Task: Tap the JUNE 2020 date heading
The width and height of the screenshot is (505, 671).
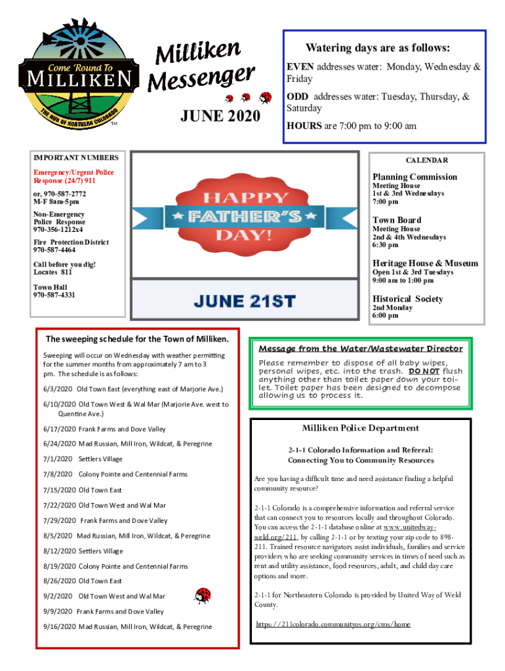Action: point(220,117)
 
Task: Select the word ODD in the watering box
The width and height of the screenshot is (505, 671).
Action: point(297,97)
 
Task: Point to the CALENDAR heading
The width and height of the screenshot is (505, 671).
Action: point(427,161)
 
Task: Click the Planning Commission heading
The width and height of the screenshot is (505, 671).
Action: point(414,177)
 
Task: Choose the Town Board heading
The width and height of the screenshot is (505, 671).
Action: point(397,220)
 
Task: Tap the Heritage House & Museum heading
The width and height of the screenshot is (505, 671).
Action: point(425,263)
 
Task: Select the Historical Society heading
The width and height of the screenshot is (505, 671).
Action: point(407,299)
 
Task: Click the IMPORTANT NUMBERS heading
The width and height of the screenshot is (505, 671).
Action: point(76,157)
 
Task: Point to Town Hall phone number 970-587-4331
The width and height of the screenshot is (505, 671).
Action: point(54,295)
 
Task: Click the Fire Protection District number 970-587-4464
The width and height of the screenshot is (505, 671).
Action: point(54,250)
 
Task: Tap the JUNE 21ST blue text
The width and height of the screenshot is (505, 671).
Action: point(245,301)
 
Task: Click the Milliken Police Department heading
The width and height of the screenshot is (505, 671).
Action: point(360,428)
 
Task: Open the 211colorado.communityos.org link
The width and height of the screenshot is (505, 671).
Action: point(333,624)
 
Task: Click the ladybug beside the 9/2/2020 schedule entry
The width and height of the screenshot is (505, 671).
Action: point(203,595)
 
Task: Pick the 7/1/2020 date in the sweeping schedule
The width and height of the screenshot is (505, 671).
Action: point(57,459)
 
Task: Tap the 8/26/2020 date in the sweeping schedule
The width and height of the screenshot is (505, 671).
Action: point(59,581)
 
